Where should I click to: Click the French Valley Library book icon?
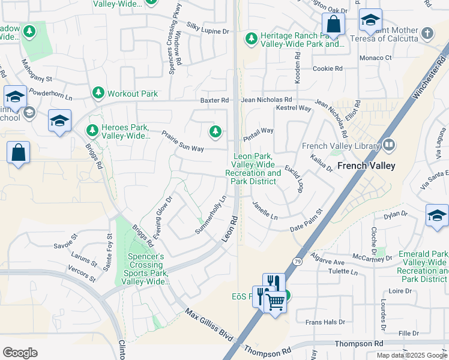pos(389,145)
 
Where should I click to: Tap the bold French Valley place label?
pos(366,166)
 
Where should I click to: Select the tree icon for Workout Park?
pos(98,93)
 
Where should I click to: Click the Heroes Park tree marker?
pos(92,130)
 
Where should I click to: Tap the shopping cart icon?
pos(275,302)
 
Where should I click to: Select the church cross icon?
pos(427,33)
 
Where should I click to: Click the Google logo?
pos(20,353)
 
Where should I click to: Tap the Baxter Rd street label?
pos(214,100)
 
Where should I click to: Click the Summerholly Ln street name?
pos(211,215)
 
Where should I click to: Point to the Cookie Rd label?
pos(327,68)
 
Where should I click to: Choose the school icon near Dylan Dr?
pos(436,216)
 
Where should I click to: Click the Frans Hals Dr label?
pos(325,322)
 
